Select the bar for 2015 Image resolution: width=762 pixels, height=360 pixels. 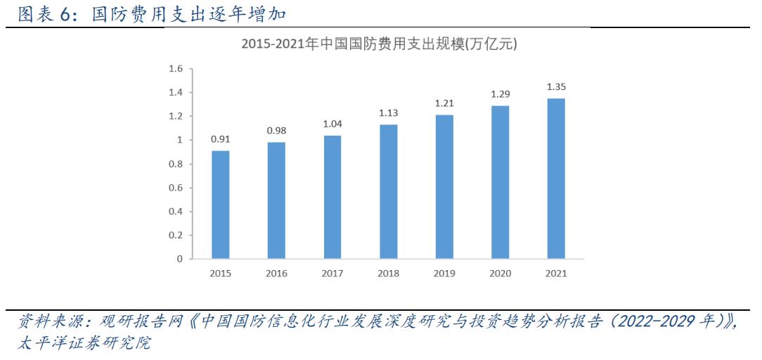click(221, 205)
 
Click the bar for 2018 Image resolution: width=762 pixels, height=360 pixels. click(389, 191)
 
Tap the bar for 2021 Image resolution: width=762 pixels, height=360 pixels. click(556, 179)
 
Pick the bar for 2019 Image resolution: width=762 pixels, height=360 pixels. click(444, 186)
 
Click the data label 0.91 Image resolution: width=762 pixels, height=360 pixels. click(221, 139)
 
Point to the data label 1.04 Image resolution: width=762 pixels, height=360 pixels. click(332, 124)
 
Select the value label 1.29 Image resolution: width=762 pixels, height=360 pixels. click(501, 94)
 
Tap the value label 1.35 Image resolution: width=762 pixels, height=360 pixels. click(556, 86)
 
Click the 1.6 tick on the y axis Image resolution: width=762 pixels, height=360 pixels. click(175, 69)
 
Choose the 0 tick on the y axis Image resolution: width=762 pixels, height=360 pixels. click(179, 259)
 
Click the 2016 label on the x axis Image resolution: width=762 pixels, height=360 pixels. click(276, 274)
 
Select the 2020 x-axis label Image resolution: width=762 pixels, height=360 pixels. click(501, 274)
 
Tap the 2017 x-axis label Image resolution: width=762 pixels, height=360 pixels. click(332, 274)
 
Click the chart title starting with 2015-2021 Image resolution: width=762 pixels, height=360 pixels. click(379, 44)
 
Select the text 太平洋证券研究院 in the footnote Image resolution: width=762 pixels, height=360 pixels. click(83, 344)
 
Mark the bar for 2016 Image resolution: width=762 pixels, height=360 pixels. click(276, 200)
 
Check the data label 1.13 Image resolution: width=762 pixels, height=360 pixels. click(389, 112)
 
